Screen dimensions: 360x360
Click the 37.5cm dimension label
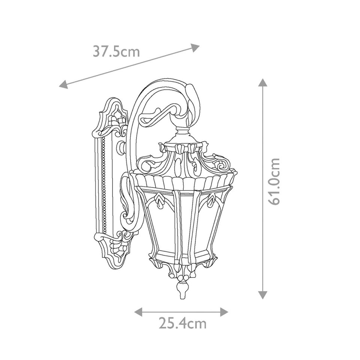[x=116, y=51]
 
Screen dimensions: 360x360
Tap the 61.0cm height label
[x=274, y=181]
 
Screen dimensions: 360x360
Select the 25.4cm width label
[x=182, y=323]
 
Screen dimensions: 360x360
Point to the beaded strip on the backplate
[x=104, y=184]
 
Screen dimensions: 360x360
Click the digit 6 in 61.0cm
[x=275, y=199]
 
